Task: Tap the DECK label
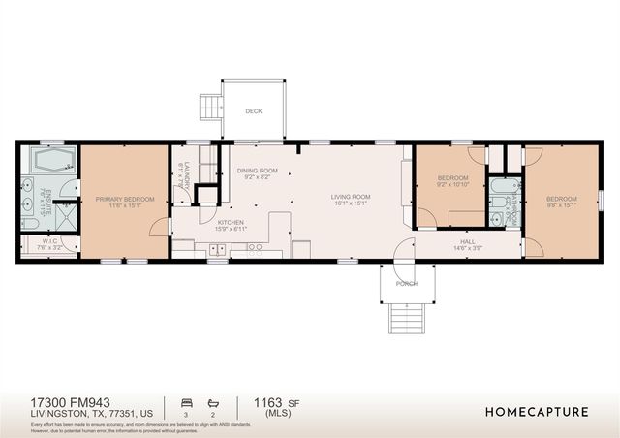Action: coord(253,110)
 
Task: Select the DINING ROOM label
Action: coord(257,171)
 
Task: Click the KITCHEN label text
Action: coord(231,223)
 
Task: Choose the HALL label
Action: coord(468,242)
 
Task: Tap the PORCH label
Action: coord(407,284)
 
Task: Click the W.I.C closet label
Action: coord(37,243)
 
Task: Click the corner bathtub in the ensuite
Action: coord(46,160)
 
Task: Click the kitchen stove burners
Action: coord(256,248)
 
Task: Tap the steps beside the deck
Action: coord(208,105)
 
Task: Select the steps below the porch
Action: coord(407,317)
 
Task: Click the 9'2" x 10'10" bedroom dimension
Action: coord(452,184)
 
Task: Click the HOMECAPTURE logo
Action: coord(537,412)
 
